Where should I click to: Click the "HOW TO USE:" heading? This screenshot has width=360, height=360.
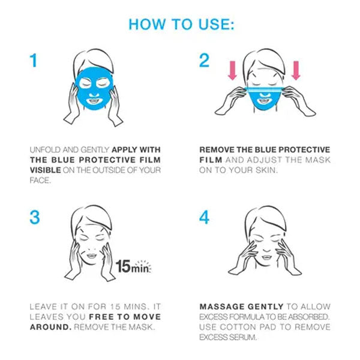181,24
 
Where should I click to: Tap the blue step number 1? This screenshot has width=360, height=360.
34,61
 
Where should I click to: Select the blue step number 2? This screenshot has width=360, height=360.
204,61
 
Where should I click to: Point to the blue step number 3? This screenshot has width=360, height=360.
35,217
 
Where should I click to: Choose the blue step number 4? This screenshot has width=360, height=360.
204,217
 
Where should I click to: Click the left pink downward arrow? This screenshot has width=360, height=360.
232,70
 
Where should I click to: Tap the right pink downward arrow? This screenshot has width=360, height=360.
296,70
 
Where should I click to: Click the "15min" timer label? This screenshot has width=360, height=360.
133,266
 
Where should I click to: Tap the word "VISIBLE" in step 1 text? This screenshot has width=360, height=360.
45,170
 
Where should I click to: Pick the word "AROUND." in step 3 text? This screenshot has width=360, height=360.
51,327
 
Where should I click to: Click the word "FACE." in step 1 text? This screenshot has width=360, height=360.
40,181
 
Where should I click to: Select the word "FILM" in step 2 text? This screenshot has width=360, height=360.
211,160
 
